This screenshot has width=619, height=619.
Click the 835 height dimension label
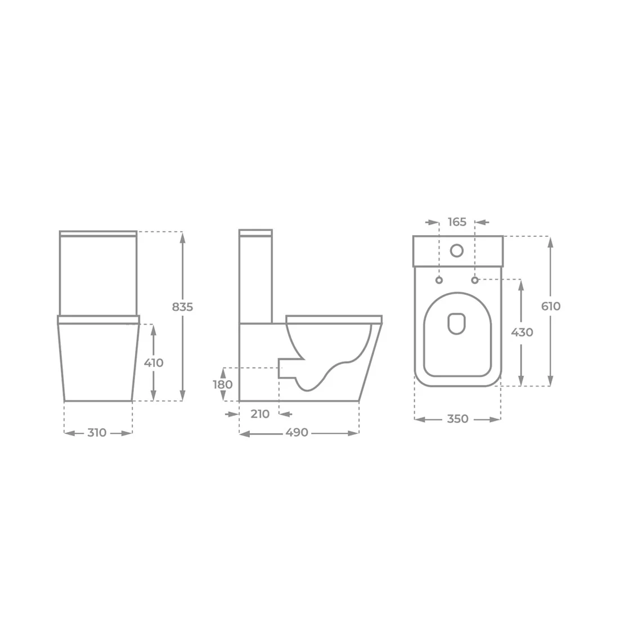182,307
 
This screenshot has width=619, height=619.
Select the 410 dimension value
154,363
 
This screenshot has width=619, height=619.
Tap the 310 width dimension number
97,433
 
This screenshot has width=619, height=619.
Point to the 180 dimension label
223,384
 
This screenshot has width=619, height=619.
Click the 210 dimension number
260,414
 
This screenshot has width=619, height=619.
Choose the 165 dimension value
457,222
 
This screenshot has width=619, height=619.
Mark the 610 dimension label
551,306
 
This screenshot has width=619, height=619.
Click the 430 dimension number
522,332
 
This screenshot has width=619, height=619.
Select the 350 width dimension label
457,419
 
